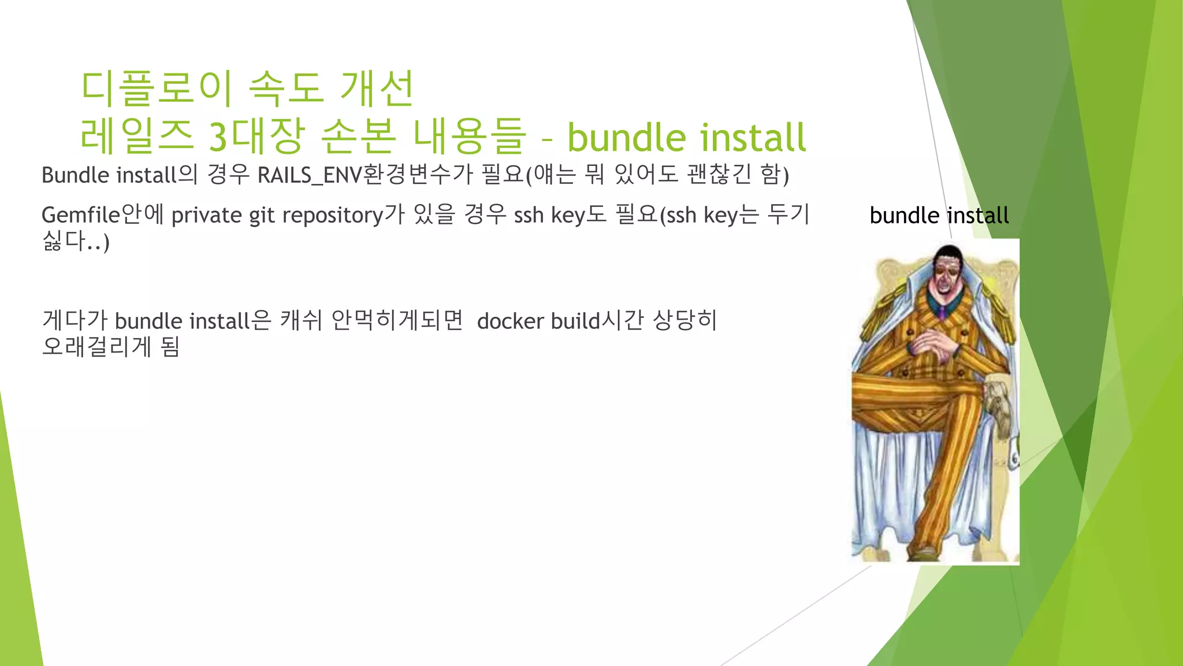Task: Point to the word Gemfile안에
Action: click(103, 215)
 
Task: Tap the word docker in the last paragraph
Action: click(510, 321)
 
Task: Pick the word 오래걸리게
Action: click(96, 347)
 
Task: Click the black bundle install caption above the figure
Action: click(939, 216)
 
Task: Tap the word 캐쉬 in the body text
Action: click(301, 321)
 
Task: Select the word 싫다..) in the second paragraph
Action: click(76, 241)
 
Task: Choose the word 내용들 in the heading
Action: click(469, 137)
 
